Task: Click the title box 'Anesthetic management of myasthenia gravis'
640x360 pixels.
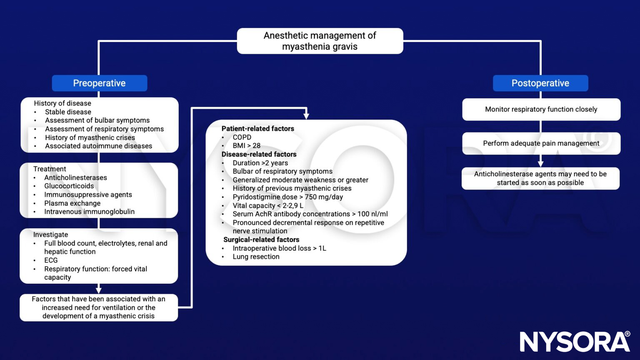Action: pyautogui.click(x=320, y=41)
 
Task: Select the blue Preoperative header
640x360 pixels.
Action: pyautogui.click(x=99, y=83)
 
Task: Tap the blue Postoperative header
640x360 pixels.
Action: pyautogui.click(x=540, y=83)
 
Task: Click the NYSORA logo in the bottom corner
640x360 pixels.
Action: pyautogui.click(x=575, y=342)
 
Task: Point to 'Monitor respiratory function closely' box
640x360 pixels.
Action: pyautogui.click(x=541, y=109)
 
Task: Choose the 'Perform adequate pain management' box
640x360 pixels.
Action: pyautogui.click(x=541, y=143)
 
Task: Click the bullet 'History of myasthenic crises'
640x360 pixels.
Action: pyautogui.click(x=90, y=137)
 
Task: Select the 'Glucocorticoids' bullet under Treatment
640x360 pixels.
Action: pyautogui.click(x=69, y=186)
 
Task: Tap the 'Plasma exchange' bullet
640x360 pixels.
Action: pyautogui.click(x=72, y=203)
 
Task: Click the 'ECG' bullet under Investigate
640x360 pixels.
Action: pyautogui.click(x=51, y=260)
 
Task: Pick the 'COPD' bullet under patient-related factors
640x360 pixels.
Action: pyautogui.click(x=242, y=137)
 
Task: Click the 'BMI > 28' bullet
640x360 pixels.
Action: pyautogui.click(x=246, y=146)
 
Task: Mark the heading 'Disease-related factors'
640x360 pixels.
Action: pyautogui.click(x=259, y=154)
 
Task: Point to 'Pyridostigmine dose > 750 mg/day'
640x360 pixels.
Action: pyautogui.click(x=287, y=197)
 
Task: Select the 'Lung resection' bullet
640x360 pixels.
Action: pyautogui.click(x=256, y=257)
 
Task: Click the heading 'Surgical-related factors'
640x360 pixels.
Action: pyautogui.click(x=261, y=240)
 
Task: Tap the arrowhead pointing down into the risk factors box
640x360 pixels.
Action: pyautogui.click(x=306, y=116)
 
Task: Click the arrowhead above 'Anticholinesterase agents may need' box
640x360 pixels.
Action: pyautogui.click(x=540, y=164)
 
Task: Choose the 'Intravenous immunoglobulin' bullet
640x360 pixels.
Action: pyautogui.click(x=89, y=212)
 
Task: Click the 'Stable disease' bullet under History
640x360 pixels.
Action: pyautogui.click(x=68, y=112)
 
